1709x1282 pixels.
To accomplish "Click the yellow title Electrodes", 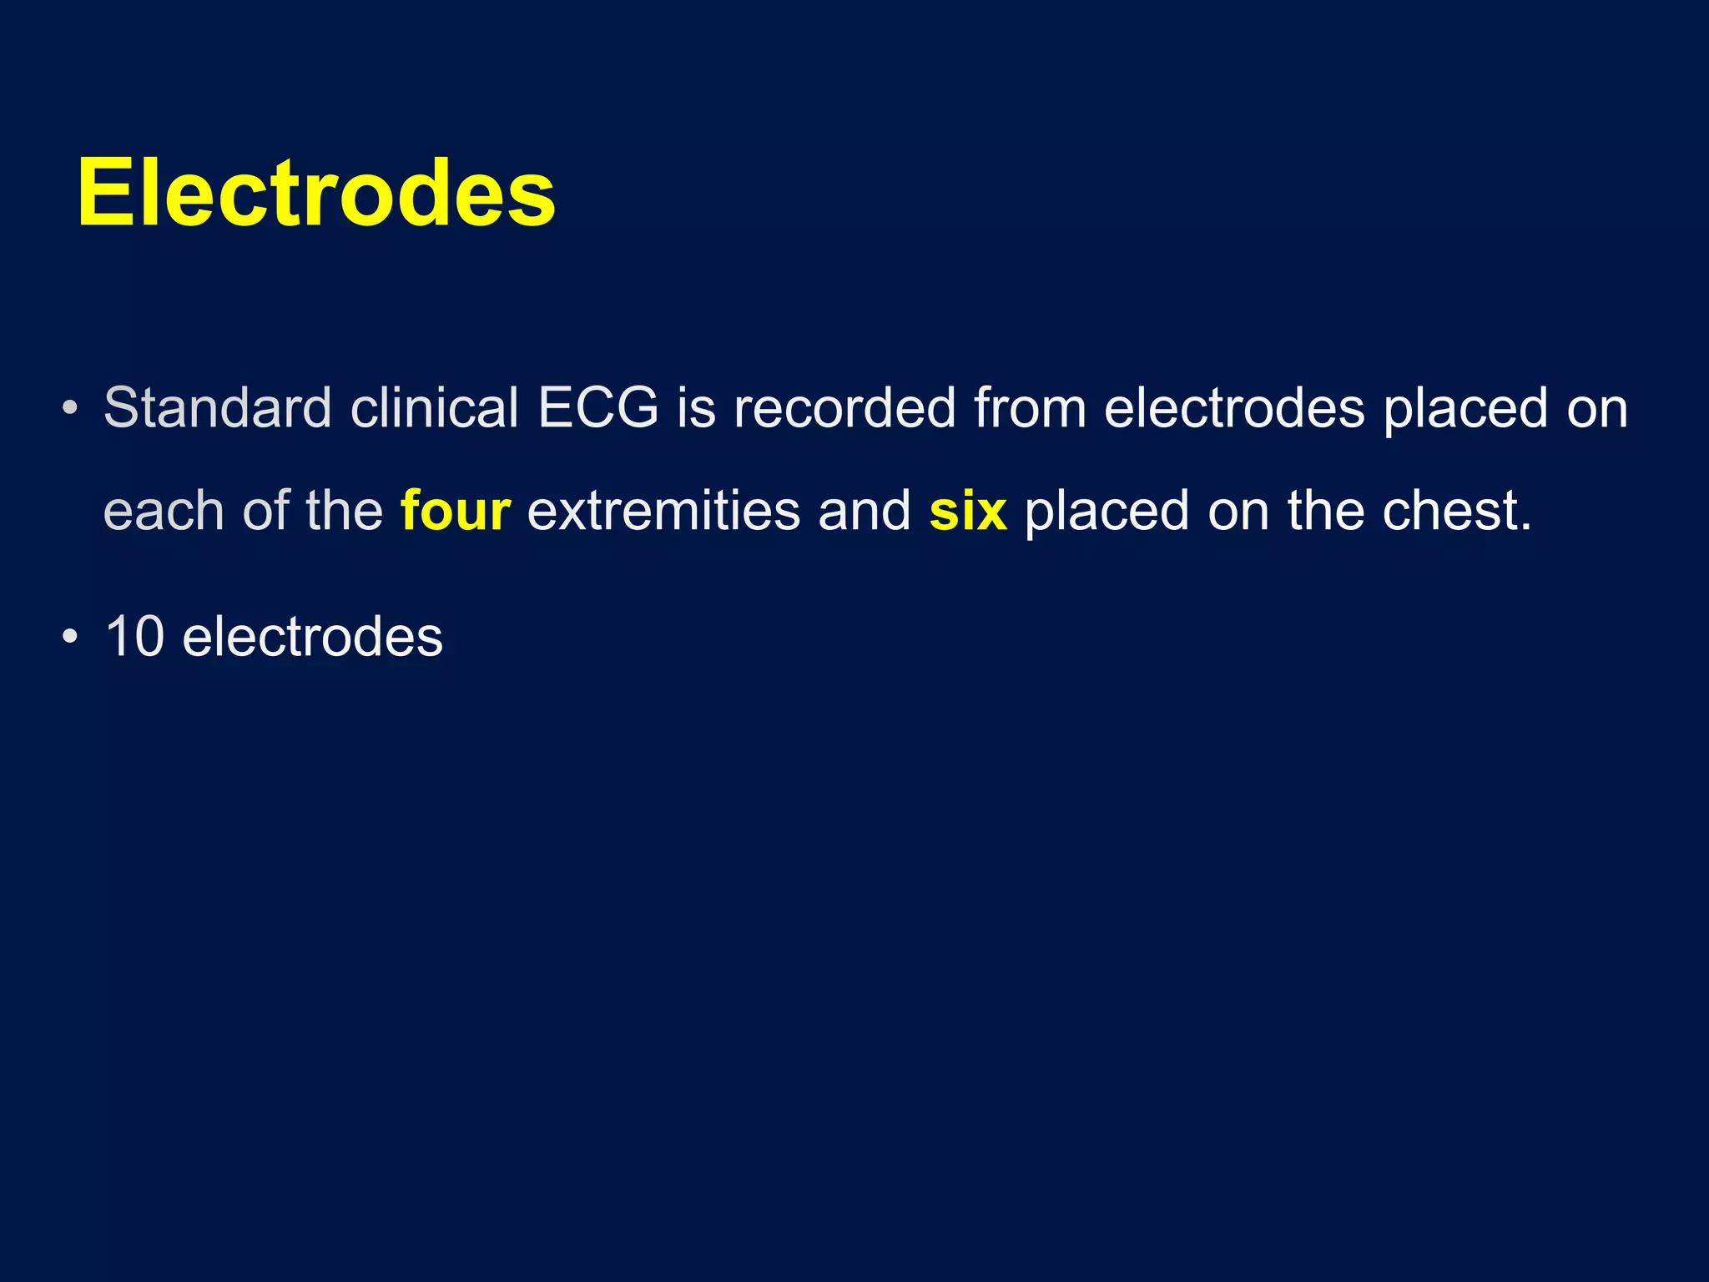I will (x=315, y=194).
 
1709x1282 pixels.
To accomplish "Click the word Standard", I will (x=217, y=408).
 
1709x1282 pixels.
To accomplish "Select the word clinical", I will (x=434, y=408).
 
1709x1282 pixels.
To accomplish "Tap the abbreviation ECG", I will (x=597, y=408).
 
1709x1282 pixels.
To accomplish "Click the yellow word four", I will (x=455, y=511).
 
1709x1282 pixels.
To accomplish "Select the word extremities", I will (x=663, y=511).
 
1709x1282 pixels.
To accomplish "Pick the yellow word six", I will (x=968, y=511).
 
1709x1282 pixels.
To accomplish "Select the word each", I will (x=164, y=511).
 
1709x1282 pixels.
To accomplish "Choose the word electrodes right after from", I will (x=1234, y=408).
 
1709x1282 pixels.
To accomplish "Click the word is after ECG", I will (x=696, y=408).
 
